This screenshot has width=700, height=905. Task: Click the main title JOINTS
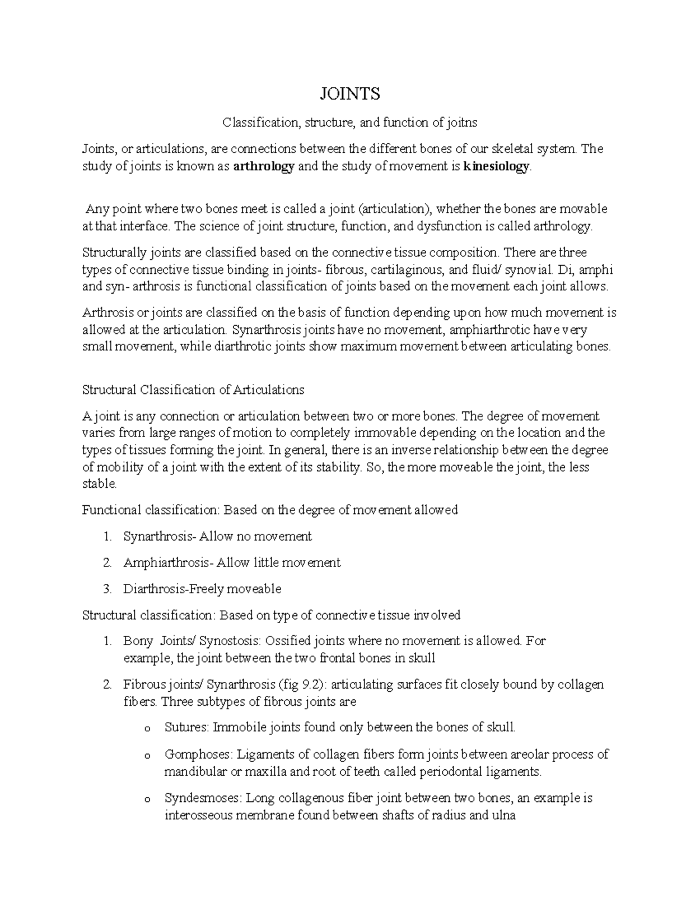click(x=349, y=93)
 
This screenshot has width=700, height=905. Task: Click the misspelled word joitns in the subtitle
click(x=462, y=123)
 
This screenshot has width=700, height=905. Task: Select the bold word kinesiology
click(x=496, y=167)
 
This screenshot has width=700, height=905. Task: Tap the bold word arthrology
click(x=263, y=167)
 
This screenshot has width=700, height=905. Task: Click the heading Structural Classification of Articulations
click(x=193, y=390)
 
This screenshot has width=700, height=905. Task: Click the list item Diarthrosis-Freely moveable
click(x=202, y=589)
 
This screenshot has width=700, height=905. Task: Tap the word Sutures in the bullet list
click(x=186, y=727)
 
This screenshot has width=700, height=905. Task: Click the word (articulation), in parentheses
click(x=395, y=209)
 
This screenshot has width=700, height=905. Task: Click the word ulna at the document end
click(x=503, y=816)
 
